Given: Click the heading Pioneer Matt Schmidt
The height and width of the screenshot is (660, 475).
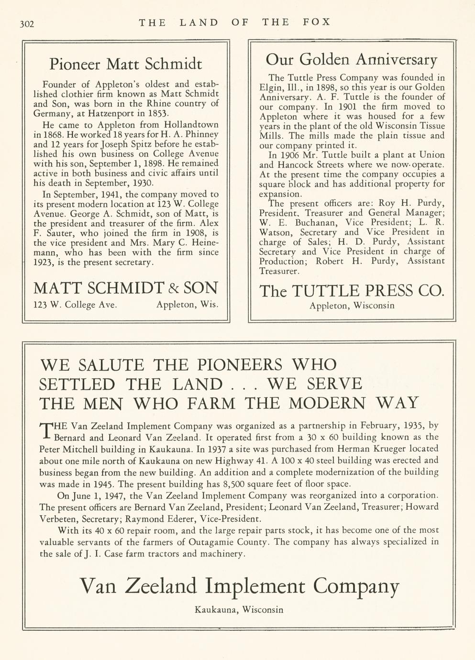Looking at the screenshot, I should click(126, 64).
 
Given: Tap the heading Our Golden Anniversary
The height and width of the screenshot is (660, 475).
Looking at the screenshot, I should click(351, 60).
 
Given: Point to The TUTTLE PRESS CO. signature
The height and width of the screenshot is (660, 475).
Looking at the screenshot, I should click(352, 291).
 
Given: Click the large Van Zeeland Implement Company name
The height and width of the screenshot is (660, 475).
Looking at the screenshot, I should click(239, 586).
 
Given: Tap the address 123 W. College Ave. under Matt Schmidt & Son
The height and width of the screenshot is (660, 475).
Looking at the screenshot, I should click(75, 305).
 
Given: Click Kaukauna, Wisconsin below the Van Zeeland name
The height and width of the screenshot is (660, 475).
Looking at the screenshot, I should click(239, 609).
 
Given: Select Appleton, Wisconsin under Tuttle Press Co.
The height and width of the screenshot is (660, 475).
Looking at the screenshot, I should click(352, 306).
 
